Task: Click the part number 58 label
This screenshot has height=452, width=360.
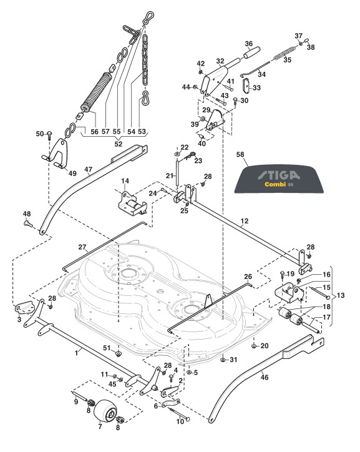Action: coord(240,154)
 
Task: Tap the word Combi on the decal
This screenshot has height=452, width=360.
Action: coord(275,184)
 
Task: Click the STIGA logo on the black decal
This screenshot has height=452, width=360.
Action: coord(278,175)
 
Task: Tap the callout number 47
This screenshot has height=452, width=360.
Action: coord(89,169)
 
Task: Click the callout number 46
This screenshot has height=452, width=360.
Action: coord(265,376)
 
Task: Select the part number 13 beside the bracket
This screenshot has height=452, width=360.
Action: coord(341,295)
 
